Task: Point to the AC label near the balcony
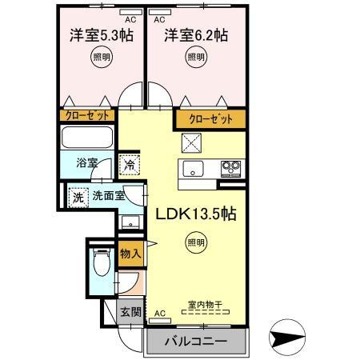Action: point(158,313)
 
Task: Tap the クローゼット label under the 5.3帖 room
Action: point(87,116)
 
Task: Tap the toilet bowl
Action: point(100,261)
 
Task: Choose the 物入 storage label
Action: point(130,254)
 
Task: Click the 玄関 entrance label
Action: point(129,312)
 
